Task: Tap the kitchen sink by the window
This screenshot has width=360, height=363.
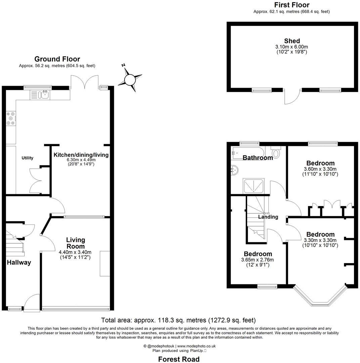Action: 40,95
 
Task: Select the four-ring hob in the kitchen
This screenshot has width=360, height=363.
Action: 11,118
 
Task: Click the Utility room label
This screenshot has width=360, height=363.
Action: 28,158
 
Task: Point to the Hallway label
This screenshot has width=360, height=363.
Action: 19,263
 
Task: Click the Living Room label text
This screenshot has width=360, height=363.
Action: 76,243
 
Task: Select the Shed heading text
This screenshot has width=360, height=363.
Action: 292,41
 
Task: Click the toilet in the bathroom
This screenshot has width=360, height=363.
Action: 276,153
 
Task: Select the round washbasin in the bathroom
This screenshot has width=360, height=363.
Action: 235,171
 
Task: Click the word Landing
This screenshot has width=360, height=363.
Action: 268,217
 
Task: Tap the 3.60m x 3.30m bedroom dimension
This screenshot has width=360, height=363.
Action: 320,169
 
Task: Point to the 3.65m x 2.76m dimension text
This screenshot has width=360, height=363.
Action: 258,260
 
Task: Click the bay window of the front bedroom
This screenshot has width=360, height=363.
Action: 320,298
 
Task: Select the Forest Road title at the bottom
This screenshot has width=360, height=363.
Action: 179,359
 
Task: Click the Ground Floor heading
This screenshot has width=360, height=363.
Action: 57,59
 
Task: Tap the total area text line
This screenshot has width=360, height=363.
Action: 178,320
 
